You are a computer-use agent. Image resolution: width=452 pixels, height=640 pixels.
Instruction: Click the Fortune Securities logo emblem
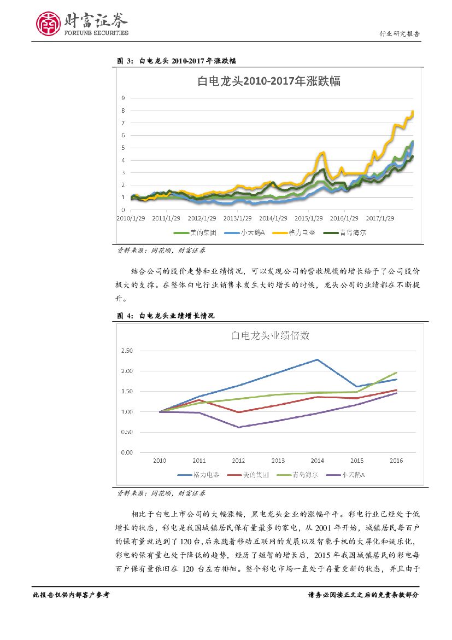tap(49, 24)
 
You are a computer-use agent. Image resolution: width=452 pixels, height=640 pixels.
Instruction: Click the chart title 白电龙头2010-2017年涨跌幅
tap(268, 82)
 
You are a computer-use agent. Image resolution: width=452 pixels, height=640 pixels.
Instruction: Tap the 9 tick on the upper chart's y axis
tap(124, 98)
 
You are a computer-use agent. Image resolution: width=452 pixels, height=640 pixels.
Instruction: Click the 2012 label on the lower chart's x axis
tap(239, 461)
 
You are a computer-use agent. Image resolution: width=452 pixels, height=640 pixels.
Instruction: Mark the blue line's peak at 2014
tap(318, 359)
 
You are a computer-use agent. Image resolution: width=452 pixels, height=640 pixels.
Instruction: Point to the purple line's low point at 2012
tap(239, 427)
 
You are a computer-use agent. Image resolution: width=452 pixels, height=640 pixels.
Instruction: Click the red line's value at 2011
tap(199, 400)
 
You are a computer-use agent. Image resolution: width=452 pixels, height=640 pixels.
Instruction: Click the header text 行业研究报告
tap(400, 34)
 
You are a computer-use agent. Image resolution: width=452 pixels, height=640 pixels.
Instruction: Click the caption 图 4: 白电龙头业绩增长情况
tap(166, 316)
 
